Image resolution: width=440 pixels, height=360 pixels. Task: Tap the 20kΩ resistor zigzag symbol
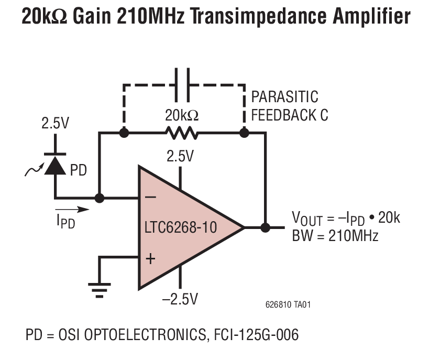pyautogui.click(x=182, y=133)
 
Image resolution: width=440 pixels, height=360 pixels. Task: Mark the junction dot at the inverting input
pyautogui.click(x=98, y=199)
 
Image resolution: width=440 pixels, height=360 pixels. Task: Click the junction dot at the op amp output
pyautogui.click(x=266, y=228)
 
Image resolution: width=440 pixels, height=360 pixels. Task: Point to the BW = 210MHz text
pyautogui.click(x=335, y=235)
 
